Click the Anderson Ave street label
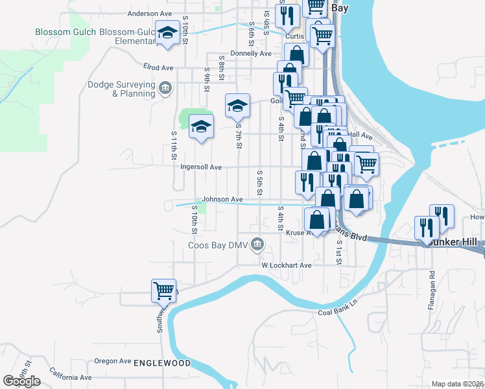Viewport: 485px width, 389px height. click(x=149, y=13)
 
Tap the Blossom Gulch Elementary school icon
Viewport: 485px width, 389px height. click(x=168, y=33)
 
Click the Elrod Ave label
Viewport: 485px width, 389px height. click(x=158, y=67)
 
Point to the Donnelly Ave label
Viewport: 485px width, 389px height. click(x=251, y=54)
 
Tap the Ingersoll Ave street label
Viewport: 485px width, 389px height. click(x=201, y=167)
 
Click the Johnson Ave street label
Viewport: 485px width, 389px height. click(x=222, y=200)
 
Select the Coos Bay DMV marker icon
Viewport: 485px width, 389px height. click(x=257, y=244)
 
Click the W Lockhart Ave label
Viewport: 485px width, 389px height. click(x=287, y=265)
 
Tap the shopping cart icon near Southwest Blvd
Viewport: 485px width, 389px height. click(x=163, y=290)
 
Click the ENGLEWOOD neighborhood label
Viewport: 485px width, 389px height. click(x=162, y=364)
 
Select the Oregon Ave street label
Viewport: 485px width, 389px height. click(x=113, y=361)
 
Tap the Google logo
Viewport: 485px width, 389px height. click(x=22, y=381)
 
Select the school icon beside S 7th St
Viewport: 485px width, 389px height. click(x=238, y=105)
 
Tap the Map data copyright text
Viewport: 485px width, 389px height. click(x=457, y=384)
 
